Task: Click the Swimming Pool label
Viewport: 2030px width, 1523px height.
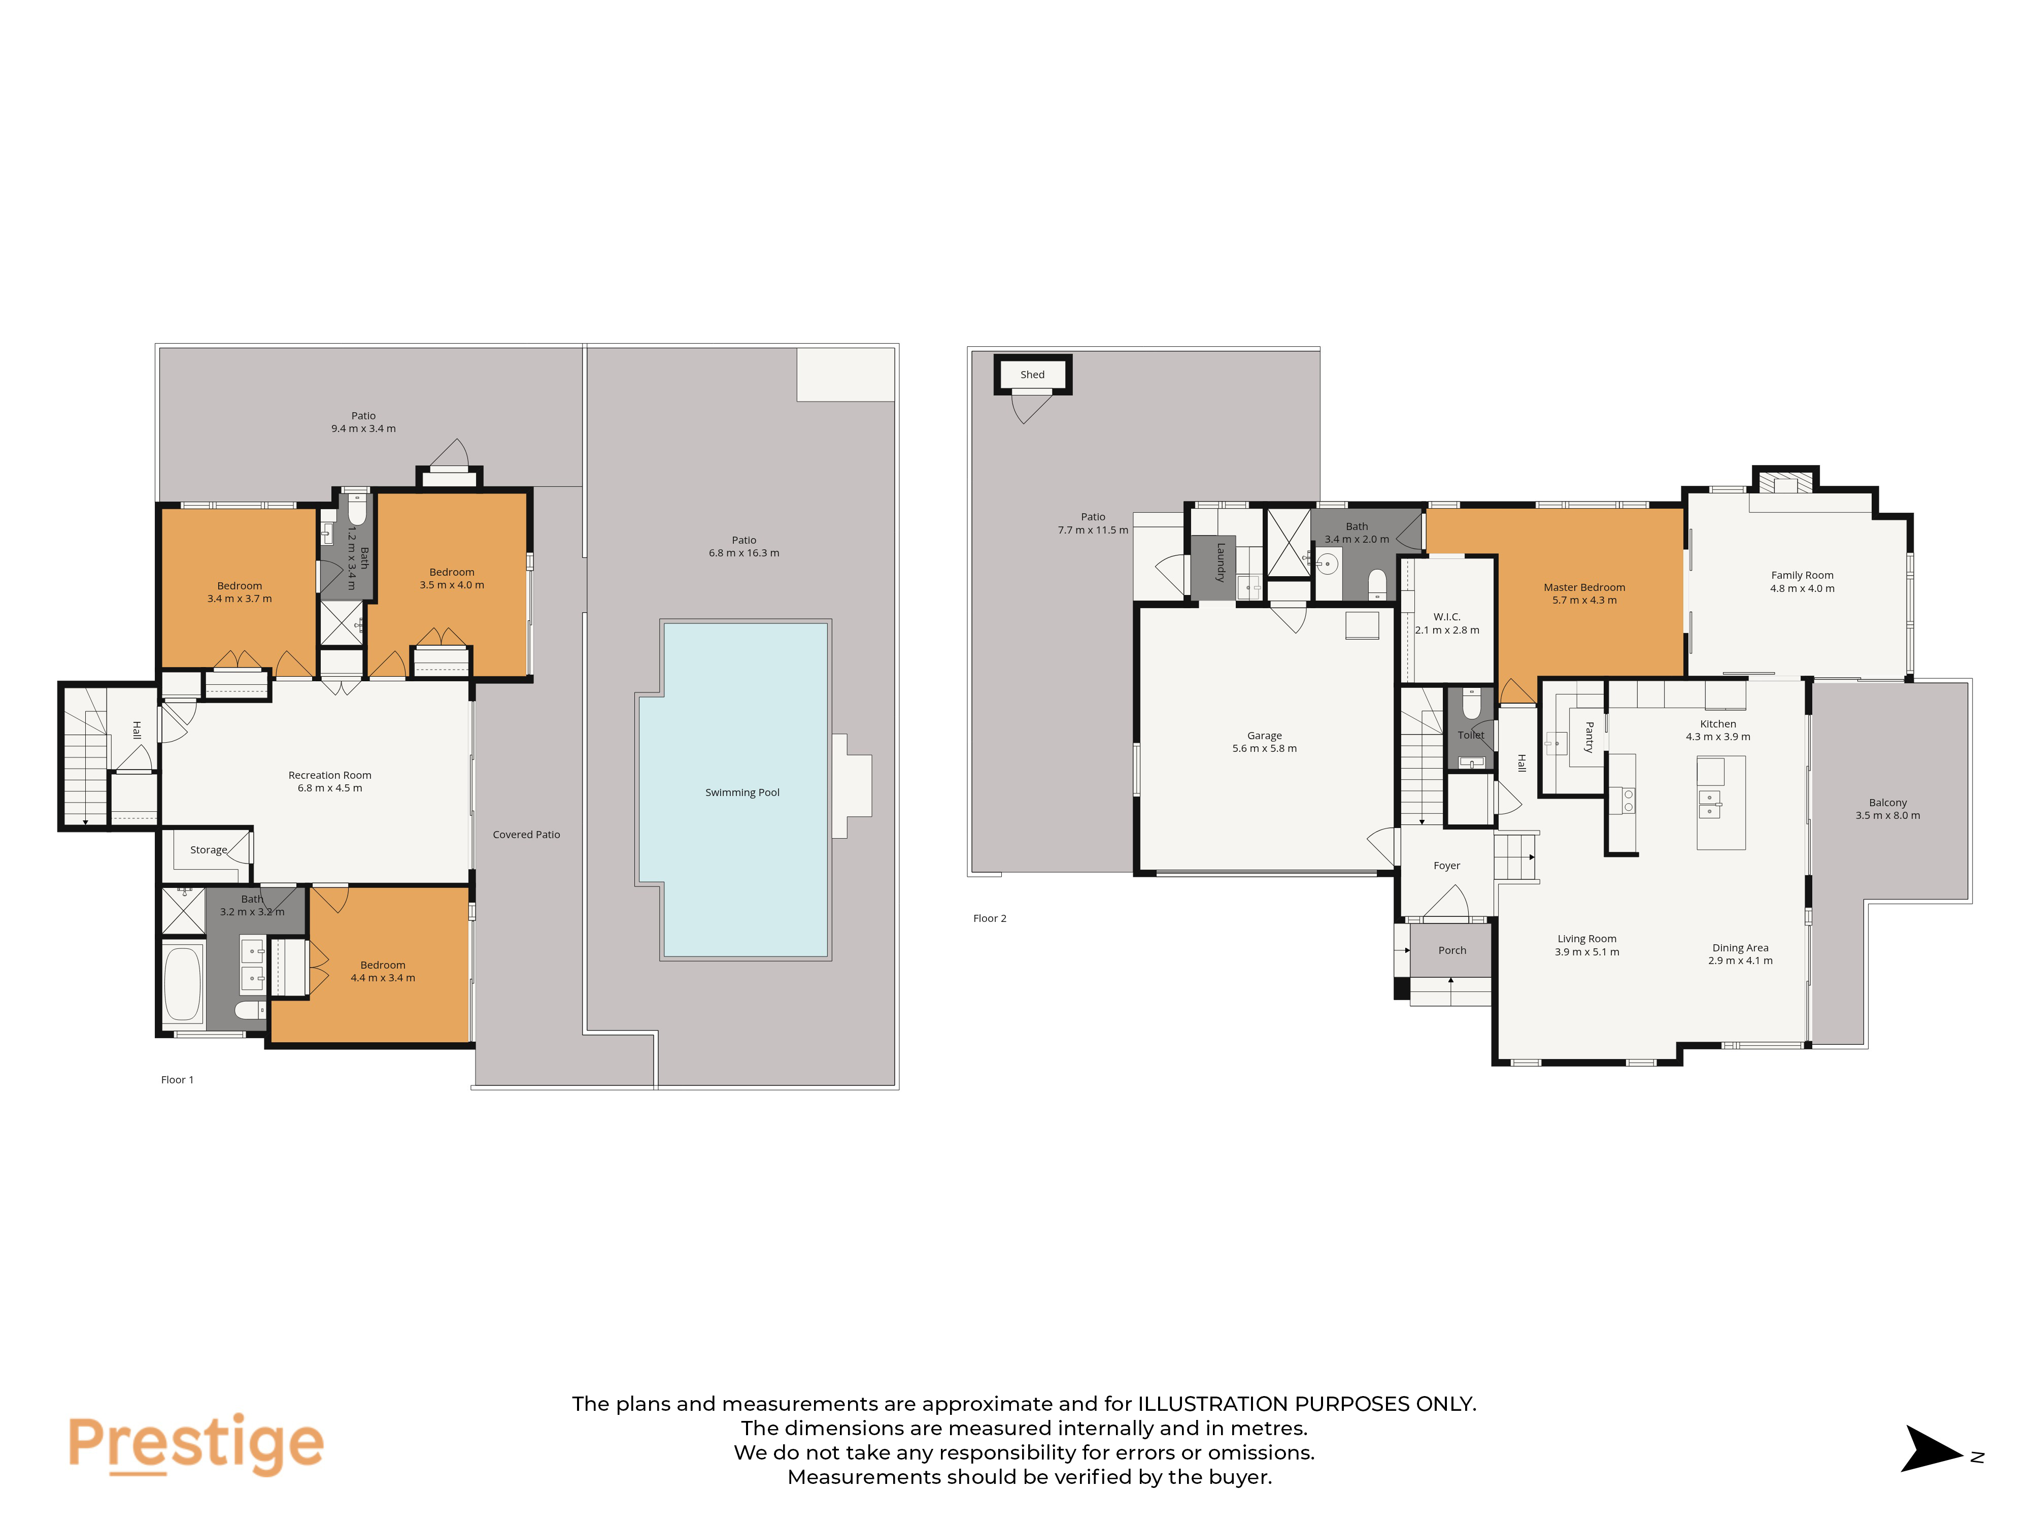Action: tap(742, 792)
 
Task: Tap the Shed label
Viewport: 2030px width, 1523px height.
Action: tap(1032, 375)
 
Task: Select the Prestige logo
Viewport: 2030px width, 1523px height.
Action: tap(195, 1444)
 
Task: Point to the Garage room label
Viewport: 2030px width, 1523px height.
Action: tap(1265, 735)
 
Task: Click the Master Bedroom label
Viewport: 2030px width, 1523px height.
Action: tap(1584, 587)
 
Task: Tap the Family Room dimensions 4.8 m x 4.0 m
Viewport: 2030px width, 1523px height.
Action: tap(1803, 588)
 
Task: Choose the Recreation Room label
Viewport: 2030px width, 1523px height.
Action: tap(329, 775)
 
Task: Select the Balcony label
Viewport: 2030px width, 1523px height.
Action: tap(1888, 802)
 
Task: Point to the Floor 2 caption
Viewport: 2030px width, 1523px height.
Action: tap(989, 918)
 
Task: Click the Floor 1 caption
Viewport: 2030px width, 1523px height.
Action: tap(177, 1080)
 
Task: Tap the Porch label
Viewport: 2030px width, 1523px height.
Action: tap(1452, 950)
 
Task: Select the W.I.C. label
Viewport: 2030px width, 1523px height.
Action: tap(1447, 617)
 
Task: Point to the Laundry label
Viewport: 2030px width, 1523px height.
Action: tap(1221, 562)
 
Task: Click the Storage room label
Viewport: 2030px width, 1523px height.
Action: tap(208, 850)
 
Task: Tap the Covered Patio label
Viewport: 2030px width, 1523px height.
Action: tap(526, 835)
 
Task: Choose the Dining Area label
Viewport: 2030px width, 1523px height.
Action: tap(1740, 947)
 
